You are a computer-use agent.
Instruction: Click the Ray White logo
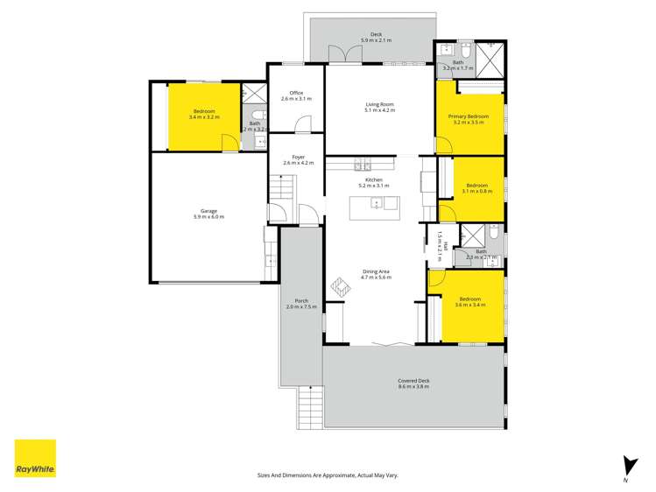coord(35,458)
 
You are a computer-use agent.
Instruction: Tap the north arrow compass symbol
coord(625,467)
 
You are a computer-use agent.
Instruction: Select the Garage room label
coord(208,214)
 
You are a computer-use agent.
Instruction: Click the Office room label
coord(296,95)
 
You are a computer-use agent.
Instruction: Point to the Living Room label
coord(380,107)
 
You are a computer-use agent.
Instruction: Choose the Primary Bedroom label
coord(469,120)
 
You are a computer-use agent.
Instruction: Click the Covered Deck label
coord(413,383)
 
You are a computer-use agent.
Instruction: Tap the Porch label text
coord(301,304)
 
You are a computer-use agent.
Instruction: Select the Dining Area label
coord(377,274)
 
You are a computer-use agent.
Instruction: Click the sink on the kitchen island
coord(377,205)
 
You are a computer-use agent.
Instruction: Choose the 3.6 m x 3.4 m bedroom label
coord(469,302)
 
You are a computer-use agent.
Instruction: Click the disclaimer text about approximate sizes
coord(328,474)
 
